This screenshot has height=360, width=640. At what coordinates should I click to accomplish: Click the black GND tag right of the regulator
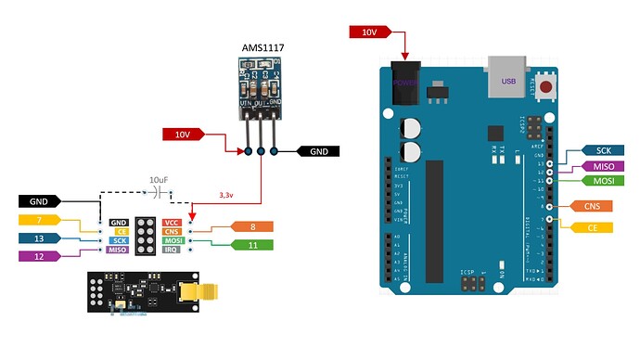click(318, 151)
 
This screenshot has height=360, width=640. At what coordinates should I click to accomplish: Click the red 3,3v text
click(227, 196)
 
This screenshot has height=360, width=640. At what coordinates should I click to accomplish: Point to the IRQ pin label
click(172, 250)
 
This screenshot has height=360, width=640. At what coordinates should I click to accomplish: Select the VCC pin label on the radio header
click(172, 223)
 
